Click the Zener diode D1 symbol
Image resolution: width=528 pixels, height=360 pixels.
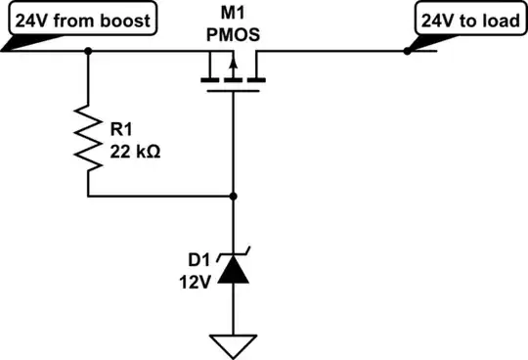click(x=234, y=268)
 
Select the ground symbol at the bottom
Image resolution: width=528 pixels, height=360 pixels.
click(x=234, y=344)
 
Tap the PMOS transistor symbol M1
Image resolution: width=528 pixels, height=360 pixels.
click(x=234, y=73)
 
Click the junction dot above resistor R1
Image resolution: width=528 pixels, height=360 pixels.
click(x=89, y=54)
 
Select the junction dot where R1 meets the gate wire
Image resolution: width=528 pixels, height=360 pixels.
click(x=234, y=197)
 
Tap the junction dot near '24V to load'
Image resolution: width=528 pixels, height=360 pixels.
click(x=405, y=54)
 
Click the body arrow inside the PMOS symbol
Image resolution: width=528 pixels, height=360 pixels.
click(x=234, y=67)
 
